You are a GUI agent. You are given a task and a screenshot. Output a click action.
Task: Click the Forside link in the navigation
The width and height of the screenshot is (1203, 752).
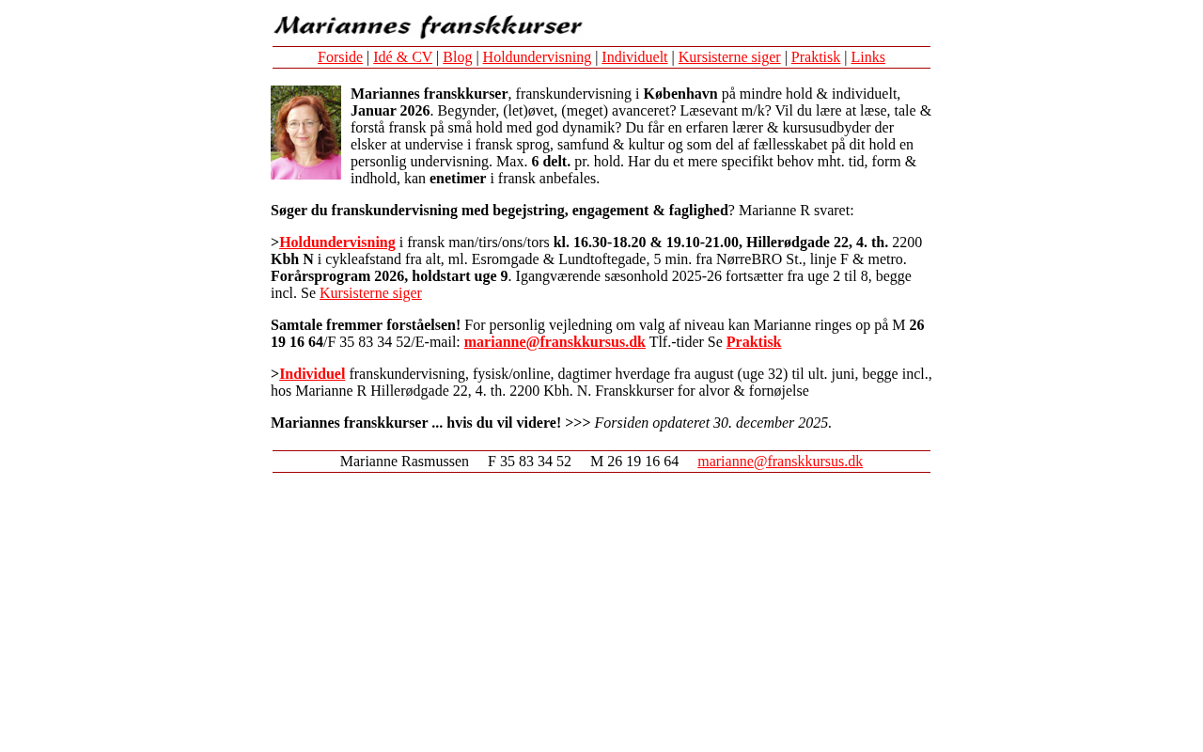340,57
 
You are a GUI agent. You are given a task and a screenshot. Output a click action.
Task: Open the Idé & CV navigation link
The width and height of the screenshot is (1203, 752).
402,57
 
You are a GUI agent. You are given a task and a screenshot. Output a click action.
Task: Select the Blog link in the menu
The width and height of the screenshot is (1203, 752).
458,57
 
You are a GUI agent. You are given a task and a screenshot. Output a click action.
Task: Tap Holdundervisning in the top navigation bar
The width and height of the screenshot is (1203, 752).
537,57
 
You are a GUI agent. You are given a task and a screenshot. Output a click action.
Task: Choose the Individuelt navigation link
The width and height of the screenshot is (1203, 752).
634,57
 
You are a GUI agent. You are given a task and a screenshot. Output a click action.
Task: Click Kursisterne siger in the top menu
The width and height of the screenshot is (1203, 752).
729,57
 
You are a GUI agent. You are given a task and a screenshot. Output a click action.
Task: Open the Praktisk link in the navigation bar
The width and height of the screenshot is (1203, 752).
816,57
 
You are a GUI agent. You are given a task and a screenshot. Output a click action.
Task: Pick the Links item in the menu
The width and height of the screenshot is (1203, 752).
867,57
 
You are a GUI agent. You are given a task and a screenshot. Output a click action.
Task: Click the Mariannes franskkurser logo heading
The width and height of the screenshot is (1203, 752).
428,25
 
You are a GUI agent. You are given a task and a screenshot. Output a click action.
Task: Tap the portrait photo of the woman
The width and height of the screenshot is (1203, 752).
305,133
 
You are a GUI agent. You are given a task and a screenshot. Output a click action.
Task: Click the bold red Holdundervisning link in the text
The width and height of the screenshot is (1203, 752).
337,243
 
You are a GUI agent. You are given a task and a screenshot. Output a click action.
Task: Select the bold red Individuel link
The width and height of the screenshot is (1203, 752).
312,374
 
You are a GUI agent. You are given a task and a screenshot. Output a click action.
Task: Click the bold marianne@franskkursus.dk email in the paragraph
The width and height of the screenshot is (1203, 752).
555,342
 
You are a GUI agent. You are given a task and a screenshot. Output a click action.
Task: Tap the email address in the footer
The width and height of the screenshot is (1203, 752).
780,462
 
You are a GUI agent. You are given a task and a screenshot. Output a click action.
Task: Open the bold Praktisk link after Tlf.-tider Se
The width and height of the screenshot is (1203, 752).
754,342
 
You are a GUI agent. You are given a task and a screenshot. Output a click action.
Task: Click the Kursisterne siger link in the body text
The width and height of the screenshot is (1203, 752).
370,293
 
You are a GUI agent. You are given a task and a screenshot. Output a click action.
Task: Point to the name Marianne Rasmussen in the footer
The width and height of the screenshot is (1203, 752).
404,462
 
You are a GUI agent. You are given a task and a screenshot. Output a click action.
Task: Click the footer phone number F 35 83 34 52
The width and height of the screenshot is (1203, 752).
529,462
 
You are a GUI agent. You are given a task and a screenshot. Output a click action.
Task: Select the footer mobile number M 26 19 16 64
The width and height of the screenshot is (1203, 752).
634,462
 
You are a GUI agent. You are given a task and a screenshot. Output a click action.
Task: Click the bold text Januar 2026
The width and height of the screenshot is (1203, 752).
390,111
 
